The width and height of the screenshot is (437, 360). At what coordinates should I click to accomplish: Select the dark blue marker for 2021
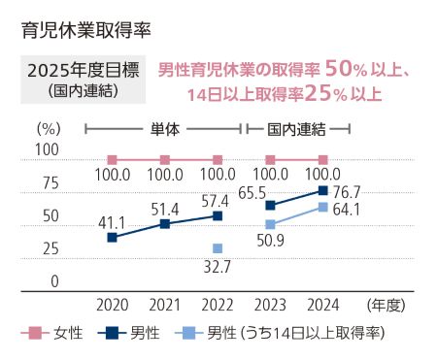click(165, 224)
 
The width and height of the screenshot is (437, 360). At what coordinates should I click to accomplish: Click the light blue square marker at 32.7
click(218, 248)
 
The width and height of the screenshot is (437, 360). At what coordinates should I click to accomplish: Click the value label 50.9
click(271, 242)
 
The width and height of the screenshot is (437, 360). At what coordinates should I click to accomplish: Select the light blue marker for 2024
click(323, 207)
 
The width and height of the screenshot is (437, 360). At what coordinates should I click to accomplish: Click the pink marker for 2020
click(112, 159)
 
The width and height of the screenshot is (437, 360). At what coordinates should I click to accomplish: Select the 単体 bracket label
click(164, 128)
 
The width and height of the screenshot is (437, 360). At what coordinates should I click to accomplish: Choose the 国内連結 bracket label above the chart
click(296, 128)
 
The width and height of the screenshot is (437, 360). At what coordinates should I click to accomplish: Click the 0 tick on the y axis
click(54, 281)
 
